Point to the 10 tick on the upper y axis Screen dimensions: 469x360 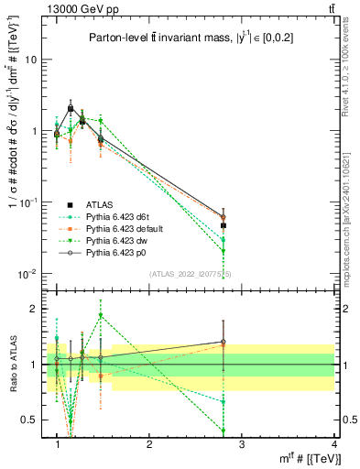pyautogui.click(x=34, y=60)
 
